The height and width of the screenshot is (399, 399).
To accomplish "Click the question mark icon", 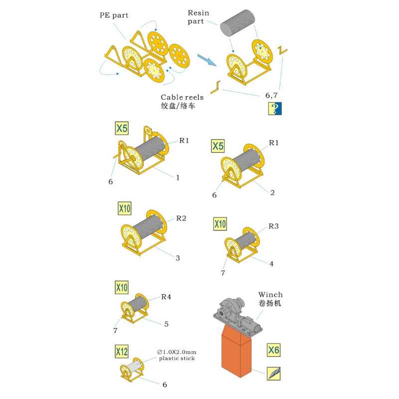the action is point(275,108).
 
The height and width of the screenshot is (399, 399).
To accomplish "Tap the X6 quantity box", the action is point(273,350).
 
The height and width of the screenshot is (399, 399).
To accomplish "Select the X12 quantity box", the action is point(122,352).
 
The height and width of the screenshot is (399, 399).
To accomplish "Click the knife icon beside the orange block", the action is point(273,374).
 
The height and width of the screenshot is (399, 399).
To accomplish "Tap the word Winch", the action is point(270,295).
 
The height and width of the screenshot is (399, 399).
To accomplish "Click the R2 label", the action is point(181,218).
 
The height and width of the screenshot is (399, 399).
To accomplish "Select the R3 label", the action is point(273,226).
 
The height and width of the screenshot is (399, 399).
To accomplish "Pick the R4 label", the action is point(166,297).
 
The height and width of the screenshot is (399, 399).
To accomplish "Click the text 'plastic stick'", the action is point(177,359).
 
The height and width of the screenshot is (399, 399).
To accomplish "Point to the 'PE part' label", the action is point(114,15).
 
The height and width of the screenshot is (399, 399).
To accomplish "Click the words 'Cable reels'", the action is point(182,97).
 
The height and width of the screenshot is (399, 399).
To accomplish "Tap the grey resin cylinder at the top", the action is point(237,23).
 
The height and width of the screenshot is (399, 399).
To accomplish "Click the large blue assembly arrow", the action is point(207,60).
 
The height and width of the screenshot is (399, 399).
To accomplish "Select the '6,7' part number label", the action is point(271,96).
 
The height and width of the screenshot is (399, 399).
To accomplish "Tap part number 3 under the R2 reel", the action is point(178,258).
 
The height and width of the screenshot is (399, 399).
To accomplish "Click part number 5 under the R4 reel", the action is point(167,324).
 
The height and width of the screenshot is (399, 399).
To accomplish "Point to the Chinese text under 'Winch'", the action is point(270,303).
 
